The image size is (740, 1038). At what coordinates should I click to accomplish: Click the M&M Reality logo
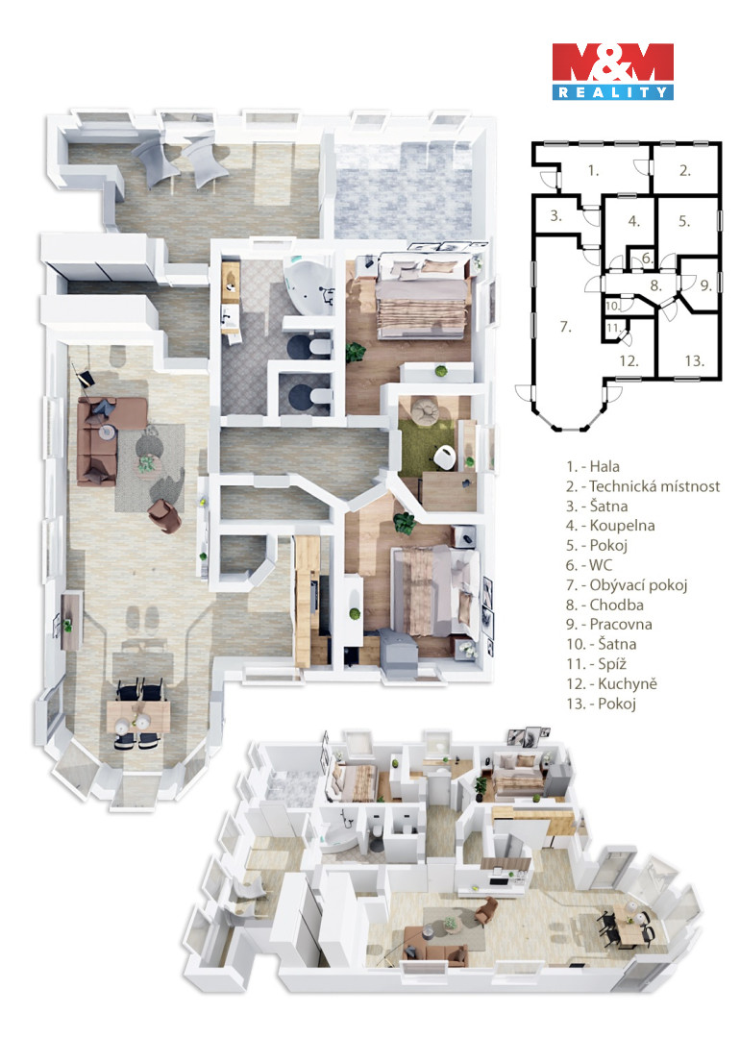[613, 71]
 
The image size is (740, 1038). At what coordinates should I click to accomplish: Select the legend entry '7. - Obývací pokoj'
[627, 585]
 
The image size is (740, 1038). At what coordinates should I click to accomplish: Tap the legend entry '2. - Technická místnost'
[643, 486]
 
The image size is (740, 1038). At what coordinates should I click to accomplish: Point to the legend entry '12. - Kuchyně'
[611, 684]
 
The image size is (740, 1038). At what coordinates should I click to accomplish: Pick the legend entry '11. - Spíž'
[596, 664]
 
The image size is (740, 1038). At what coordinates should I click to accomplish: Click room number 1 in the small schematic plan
[593, 171]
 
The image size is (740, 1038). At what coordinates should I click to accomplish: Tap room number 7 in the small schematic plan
[565, 327]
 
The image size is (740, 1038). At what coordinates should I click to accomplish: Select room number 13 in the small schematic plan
[694, 360]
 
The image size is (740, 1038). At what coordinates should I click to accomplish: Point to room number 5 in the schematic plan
[684, 221]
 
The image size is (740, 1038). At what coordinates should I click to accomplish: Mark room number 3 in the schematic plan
[556, 216]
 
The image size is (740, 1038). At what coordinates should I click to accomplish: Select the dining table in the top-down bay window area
[138, 716]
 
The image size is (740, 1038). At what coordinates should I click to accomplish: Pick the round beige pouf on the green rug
[425, 411]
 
